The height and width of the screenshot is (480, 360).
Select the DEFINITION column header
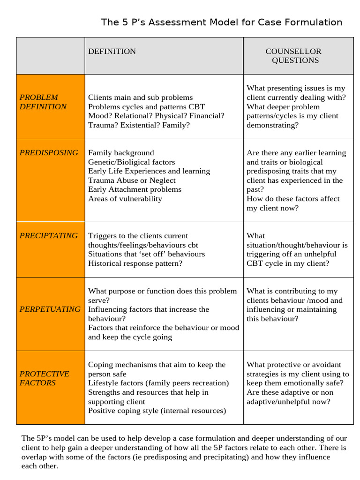coord(112,51)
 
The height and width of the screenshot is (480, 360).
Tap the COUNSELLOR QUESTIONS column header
coord(294,56)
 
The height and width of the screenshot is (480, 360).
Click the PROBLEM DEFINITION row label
coord(43,102)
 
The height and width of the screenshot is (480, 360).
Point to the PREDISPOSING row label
coord(49,152)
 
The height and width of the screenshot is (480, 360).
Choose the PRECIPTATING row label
coord(49,235)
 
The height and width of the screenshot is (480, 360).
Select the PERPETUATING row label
coord(50,309)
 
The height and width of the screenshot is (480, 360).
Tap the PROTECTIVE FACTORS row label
coord(44,378)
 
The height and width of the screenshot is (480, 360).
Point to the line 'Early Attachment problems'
coord(135,189)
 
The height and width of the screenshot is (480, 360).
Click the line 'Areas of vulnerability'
coord(125,199)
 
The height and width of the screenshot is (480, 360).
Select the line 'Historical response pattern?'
coord(135,263)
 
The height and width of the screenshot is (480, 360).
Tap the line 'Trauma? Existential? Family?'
coord(139,125)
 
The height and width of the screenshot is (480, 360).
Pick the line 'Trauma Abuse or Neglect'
coord(132,180)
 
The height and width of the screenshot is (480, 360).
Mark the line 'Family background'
coord(121,152)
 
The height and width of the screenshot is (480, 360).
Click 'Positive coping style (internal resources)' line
coord(157,411)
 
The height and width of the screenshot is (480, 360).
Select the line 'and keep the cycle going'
coord(130,337)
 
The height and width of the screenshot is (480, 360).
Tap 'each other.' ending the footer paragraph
coord(40,466)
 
